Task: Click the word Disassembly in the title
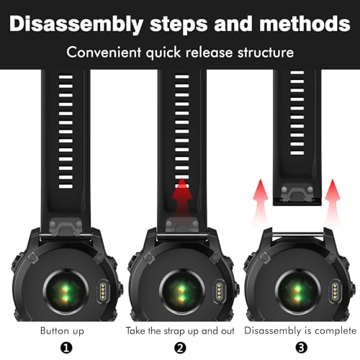76,24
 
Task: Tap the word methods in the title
305,24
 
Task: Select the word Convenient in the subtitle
104,53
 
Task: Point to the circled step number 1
66,348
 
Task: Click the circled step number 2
180,348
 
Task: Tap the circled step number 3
301,348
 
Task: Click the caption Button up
62,330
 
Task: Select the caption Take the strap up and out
180,331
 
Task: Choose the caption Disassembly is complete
300,331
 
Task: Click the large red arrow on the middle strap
182,197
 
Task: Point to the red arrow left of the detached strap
261,202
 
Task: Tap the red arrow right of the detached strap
333,202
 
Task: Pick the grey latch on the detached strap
297,192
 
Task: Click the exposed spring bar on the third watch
298,233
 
